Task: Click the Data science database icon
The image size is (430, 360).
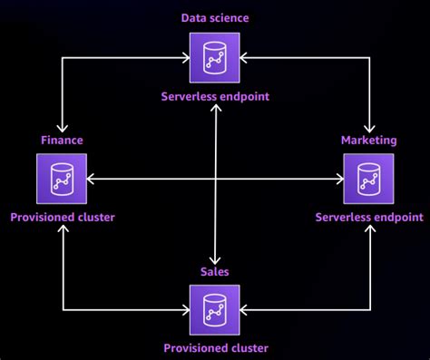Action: coord(214,56)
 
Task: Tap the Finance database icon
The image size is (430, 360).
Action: coord(62,179)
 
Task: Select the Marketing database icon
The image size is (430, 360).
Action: coord(368,179)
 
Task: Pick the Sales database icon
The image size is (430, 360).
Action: coord(214,308)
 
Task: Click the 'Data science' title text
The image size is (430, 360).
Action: coord(214,17)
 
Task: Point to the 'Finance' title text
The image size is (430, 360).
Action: coord(62,140)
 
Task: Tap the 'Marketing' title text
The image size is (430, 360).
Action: coord(368,140)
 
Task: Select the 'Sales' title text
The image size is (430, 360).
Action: coord(214,270)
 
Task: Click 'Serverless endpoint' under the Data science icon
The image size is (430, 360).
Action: coord(214,95)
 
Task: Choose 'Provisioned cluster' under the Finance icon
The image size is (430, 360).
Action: coord(62,218)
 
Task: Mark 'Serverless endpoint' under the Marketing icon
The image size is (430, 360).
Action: coord(368,218)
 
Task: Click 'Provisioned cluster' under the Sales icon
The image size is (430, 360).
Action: coord(214,347)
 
